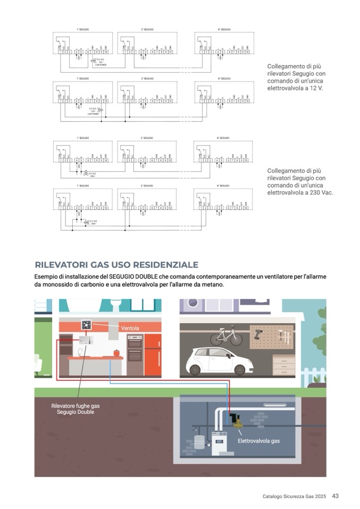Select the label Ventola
[130, 328]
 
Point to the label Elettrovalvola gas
[258, 441]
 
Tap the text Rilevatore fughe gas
[75, 406]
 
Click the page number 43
[335, 496]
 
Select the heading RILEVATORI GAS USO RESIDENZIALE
[116, 265]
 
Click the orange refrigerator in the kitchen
[152, 354]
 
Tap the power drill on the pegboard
[259, 333]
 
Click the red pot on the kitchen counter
[114, 352]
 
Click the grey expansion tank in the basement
[199, 443]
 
